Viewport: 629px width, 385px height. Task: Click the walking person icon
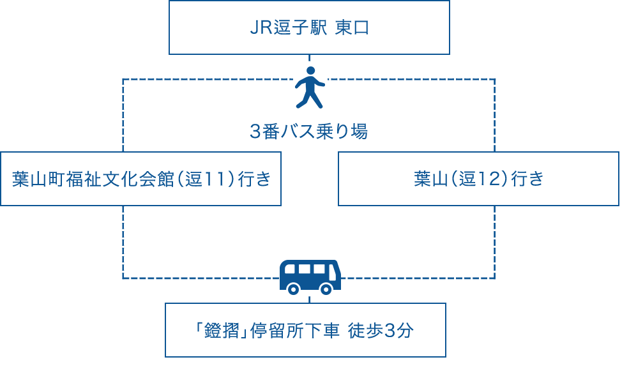point(310,86)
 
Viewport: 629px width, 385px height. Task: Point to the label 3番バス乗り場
point(309,132)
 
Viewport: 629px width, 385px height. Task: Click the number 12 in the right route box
point(489,179)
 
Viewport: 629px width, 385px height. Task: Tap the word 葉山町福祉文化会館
point(93,179)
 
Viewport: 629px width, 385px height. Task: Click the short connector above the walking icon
point(310,58)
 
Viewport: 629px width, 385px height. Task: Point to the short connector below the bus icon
point(310,299)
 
